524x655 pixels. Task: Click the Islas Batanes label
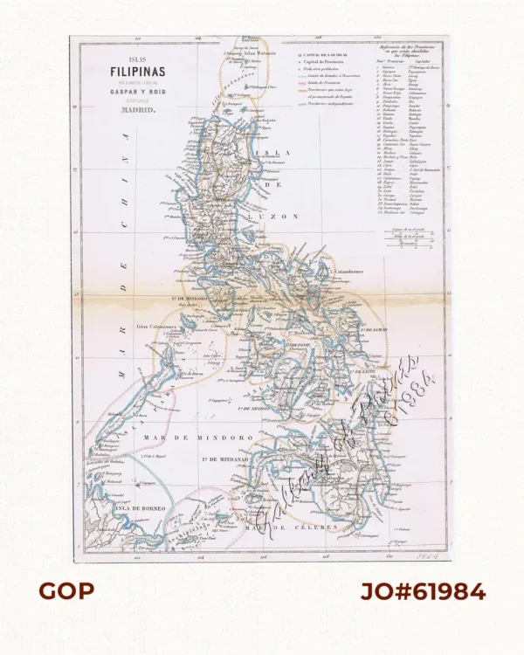(x=261, y=52)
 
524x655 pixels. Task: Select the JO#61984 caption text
(x=423, y=591)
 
